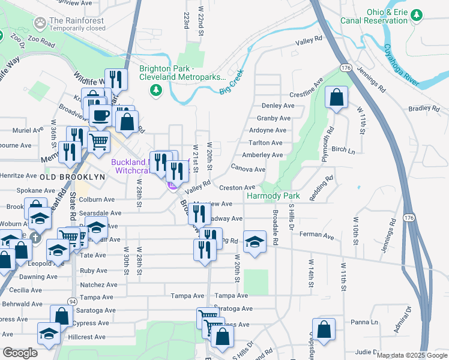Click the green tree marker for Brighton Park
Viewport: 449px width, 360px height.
point(156,90)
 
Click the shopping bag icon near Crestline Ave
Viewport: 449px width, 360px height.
point(337,97)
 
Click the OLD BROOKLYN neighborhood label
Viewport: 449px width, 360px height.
point(73,178)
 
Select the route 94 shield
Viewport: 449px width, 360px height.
point(72,302)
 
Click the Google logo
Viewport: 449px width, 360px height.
point(20,353)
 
